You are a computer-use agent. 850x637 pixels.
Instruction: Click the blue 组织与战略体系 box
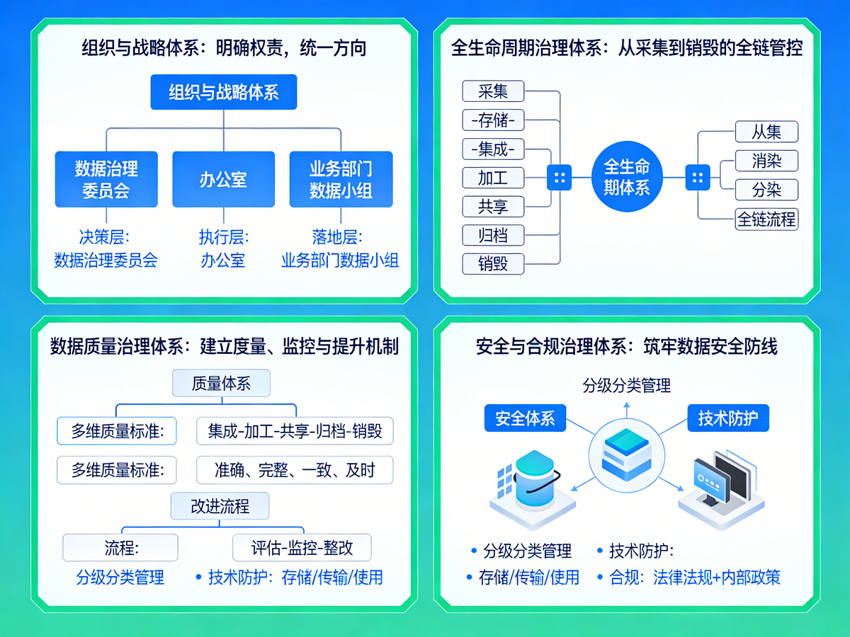pos(223,92)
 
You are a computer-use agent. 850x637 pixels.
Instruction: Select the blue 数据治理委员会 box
pos(106,179)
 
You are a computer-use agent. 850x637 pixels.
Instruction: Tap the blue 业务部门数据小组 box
pos(341,179)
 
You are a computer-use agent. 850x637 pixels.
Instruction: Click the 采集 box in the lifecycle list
pos(493,91)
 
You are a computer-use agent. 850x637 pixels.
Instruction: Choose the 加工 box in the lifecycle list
pos(493,177)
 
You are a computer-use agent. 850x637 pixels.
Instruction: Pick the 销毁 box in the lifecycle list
pos(493,264)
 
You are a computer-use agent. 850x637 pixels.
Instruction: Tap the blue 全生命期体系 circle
pos(626,177)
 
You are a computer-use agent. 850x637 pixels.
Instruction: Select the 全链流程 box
pos(766,219)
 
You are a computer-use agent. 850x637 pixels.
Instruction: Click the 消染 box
pos(766,161)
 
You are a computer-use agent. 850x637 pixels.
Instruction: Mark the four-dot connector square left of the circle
pos(559,177)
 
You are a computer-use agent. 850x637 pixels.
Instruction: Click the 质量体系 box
pos(221,384)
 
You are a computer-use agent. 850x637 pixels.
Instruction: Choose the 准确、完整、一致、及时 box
pos(295,469)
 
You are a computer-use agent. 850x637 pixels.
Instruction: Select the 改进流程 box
pos(220,506)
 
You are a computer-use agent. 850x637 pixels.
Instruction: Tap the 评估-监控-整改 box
pos(302,547)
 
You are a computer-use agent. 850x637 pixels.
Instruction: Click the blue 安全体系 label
pos(525,418)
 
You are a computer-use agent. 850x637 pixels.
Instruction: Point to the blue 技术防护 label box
pos(727,418)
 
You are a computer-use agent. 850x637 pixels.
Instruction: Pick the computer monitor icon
pos(720,481)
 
